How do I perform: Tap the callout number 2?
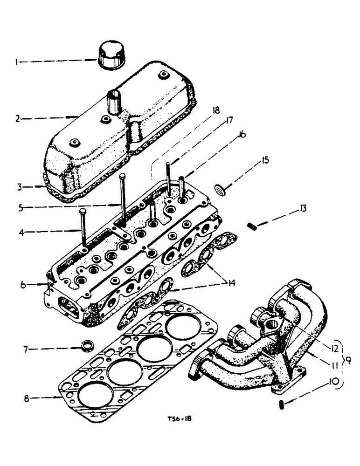pyautogui.click(x=17, y=118)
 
